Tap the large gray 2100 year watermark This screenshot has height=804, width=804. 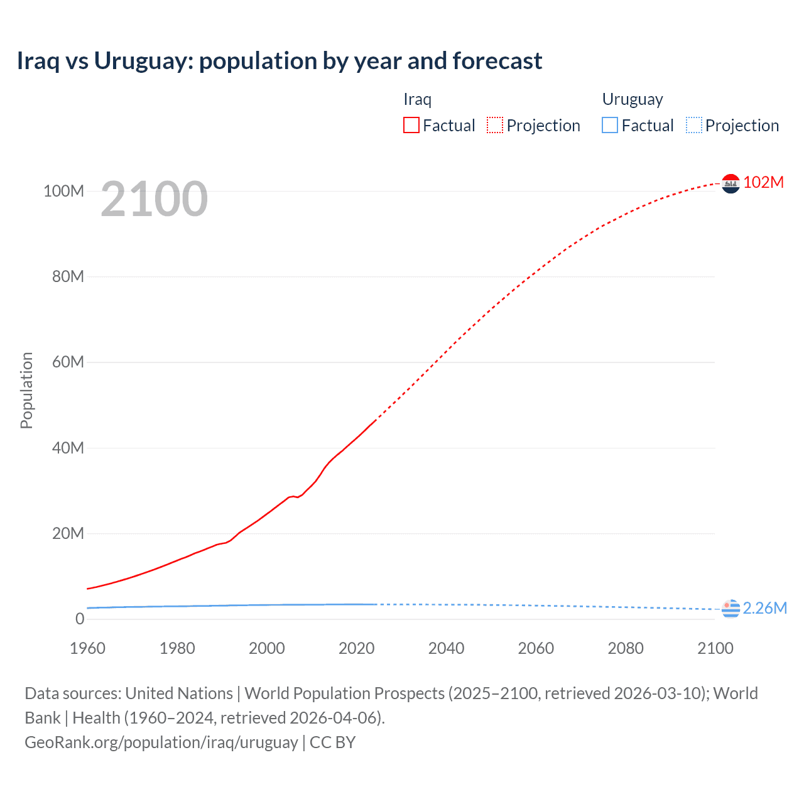(154, 199)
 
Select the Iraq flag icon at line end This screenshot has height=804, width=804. (731, 183)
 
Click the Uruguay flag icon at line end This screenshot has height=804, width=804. (731, 609)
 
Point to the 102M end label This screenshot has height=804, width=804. (764, 182)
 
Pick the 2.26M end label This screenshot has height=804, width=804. (765, 608)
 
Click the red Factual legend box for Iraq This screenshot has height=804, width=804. (411, 126)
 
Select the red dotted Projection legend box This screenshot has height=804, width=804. (495, 126)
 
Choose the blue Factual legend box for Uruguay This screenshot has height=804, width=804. (610, 126)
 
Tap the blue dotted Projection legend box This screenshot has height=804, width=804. (694, 126)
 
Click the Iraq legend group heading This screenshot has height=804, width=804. (417, 99)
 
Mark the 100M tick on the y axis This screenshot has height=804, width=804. (63, 191)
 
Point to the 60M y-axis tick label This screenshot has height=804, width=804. (68, 362)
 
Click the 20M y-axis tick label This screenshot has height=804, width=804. (68, 534)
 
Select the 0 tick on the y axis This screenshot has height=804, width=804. (80, 619)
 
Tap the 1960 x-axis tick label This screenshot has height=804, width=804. (87, 648)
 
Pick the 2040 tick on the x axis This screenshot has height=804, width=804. (446, 648)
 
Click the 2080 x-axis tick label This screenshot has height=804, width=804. (626, 648)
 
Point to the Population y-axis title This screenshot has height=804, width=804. (26, 390)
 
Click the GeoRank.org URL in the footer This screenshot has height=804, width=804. (161, 742)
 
